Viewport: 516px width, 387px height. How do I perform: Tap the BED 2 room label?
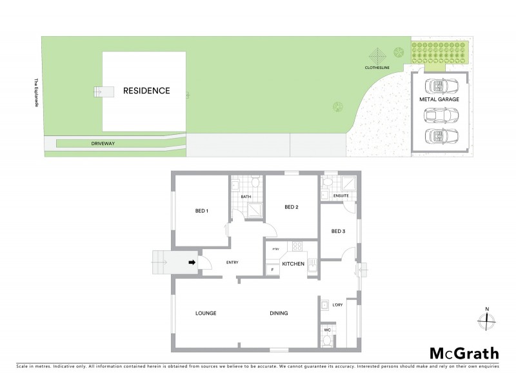[291, 207]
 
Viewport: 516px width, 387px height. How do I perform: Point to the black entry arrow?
[191, 263]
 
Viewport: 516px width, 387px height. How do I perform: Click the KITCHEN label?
[293, 263]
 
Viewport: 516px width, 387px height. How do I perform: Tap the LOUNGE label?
[206, 313]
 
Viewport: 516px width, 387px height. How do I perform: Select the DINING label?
[279, 313]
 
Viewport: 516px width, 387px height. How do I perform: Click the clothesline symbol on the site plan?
[377, 54]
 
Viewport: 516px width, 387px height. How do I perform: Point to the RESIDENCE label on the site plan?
[146, 91]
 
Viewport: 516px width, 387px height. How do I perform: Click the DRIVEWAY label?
[103, 143]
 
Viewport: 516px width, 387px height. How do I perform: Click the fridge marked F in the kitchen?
[272, 269]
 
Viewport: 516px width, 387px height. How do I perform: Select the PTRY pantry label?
[275, 250]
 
